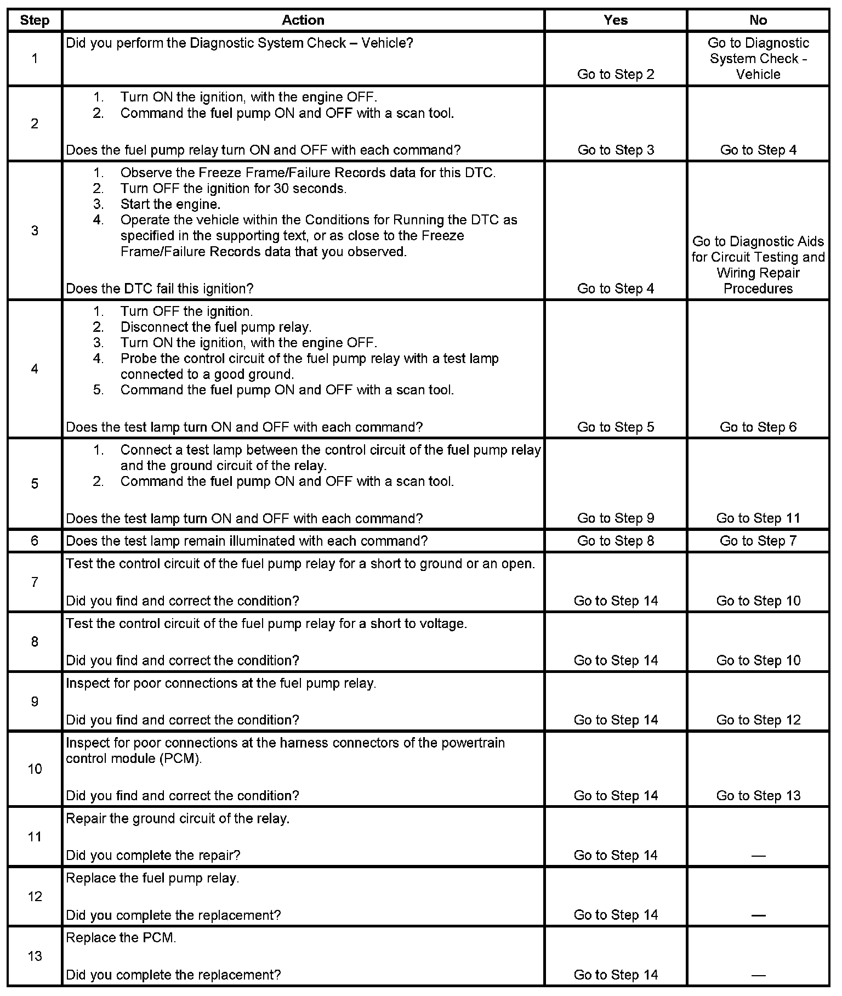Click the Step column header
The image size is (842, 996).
pyautogui.click(x=35, y=20)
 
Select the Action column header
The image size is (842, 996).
pyautogui.click(x=303, y=20)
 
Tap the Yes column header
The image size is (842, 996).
pyautogui.click(x=616, y=20)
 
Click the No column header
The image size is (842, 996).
pyautogui.click(x=758, y=20)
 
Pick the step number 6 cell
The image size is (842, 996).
pyautogui.click(x=35, y=541)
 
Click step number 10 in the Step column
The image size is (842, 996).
pyautogui.click(x=35, y=769)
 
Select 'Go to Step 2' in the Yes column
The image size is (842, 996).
pyautogui.click(x=616, y=75)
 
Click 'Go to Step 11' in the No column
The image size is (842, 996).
pyautogui.click(x=758, y=518)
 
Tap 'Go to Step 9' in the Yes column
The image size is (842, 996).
pyautogui.click(x=616, y=518)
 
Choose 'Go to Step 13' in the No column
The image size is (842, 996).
pyautogui.click(x=758, y=796)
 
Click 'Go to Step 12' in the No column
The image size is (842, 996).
pyautogui.click(x=758, y=720)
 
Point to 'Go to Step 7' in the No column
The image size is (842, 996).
pyautogui.click(x=758, y=541)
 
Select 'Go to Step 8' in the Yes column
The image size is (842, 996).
pyautogui.click(x=616, y=541)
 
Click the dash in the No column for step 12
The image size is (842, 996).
pyautogui.click(x=758, y=915)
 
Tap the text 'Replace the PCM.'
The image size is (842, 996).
pyautogui.click(x=121, y=938)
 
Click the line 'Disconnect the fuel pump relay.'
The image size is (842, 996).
pyautogui.click(x=215, y=327)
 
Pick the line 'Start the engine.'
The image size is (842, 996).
pyautogui.click(x=170, y=205)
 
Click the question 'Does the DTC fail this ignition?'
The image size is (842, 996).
pyautogui.click(x=160, y=288)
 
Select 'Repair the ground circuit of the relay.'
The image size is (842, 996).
pyautogui.click(x=178, y=819)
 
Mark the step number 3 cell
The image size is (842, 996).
pyautogui.click(x=35, y=230)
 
